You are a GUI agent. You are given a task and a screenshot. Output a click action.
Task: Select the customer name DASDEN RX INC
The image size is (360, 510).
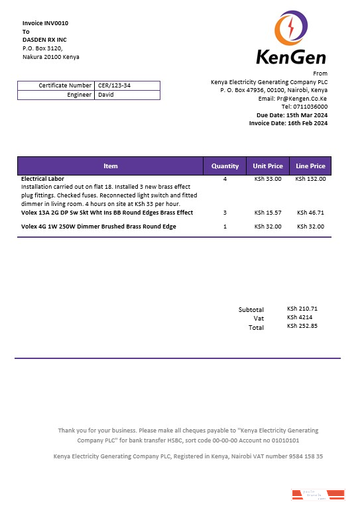pos(44,40)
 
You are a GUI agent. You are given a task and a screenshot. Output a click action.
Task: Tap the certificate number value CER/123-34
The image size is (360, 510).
pos(114,85)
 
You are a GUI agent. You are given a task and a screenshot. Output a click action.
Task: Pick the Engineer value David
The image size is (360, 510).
pos(106,95)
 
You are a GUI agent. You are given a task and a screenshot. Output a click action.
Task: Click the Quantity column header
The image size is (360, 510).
pos(225,166)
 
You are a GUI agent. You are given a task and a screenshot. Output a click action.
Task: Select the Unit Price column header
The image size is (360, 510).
pos(268,166)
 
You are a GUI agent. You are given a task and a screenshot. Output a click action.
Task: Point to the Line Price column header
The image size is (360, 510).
pos(310,166)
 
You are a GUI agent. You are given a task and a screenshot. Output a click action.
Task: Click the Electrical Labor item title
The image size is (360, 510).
pos(42,179)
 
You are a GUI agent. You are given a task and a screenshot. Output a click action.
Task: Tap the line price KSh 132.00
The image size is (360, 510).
pos(310,179)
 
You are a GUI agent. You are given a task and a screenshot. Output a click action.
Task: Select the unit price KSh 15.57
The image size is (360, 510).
pos(268,213)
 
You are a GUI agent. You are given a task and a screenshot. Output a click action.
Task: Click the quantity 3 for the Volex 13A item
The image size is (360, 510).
pos(225,213)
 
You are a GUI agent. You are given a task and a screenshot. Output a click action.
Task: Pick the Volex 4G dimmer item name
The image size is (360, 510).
pos(99,227)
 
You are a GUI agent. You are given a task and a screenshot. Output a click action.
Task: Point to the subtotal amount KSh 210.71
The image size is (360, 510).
pos(302,309)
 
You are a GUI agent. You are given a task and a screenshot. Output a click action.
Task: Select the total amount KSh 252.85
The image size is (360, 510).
pos(302,326)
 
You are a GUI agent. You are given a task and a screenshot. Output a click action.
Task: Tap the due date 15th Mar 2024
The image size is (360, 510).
pos(306,115)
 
